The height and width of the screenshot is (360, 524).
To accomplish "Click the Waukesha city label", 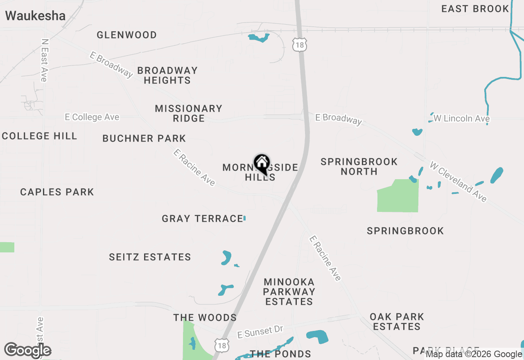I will click(35, 16).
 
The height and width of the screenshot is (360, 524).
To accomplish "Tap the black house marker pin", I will click(262, 164).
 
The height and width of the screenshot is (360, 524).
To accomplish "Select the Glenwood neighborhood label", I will click(126, 35).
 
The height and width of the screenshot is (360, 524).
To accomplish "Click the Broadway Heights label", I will click(167, 75).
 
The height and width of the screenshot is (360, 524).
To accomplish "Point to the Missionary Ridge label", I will click(188, 113).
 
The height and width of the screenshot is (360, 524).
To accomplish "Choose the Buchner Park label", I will click(144, 139).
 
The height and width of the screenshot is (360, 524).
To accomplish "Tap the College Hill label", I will click(39, 136).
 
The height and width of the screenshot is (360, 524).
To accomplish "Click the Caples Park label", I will click(57, 192).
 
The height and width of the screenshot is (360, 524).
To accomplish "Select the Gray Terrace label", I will click(202, 218).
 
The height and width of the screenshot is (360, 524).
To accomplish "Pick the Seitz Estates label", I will click(150, 257).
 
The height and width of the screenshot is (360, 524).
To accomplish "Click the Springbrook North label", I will click(359, 166).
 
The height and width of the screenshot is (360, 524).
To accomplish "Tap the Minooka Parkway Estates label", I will click(289, 292).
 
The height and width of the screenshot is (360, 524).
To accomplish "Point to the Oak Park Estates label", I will click(397, 322).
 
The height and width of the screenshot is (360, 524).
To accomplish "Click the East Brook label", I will click(475, 9).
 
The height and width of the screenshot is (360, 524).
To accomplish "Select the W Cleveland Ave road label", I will click(458, 181).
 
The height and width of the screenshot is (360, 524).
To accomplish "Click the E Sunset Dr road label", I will click(260, 332).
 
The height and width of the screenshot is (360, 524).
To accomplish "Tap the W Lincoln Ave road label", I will click(461, 119).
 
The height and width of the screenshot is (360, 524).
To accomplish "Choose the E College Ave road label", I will click(92, 117).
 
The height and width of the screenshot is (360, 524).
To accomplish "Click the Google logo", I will click(28, 350).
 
